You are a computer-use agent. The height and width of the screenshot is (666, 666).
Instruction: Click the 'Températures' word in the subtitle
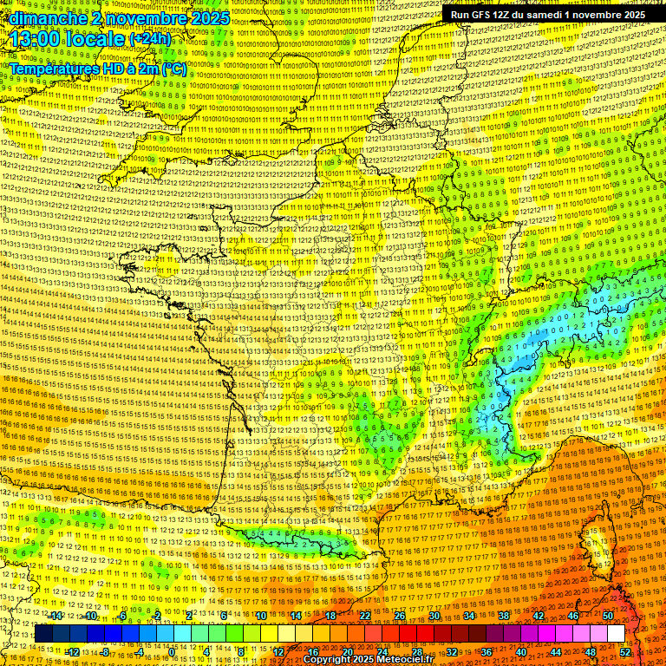pyautogui.click(x=53, y=68)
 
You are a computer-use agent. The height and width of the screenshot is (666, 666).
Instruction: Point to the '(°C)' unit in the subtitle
pyautogui.click(x=174, y=68)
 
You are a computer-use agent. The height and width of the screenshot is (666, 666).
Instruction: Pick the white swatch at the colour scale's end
pyautogui.click(x=617, y=634)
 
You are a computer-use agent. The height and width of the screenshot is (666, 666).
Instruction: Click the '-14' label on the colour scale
pyautogui.click(x=55, y=616)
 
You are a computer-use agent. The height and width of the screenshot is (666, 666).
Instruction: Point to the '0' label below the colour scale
pyautogui.click(x=173, y=652)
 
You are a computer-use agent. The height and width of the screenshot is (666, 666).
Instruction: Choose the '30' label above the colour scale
pyautogui.click(x=434, y=616)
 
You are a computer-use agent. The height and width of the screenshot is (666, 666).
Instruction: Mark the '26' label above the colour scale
pyautogui.click(x=400, y=616)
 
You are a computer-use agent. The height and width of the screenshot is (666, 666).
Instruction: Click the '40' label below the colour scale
pyautogui.click(x=521, y=652)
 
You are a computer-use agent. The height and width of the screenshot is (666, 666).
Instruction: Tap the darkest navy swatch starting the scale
pyautogui.click(x=43, y=634)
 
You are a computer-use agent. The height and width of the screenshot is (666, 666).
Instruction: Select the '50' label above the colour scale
pyautogui.click(x=608, y=616)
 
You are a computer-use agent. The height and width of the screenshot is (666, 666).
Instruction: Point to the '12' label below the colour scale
pyautogui.click(x=278, y=652)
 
